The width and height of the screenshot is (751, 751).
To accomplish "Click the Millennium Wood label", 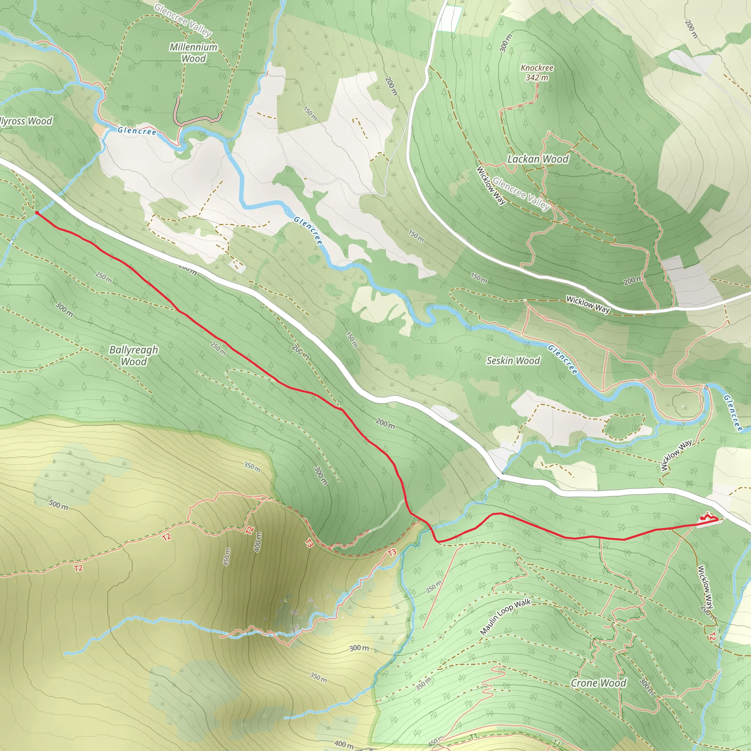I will click(194, 53).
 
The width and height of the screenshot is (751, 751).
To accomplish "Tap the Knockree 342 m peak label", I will click(537, 73).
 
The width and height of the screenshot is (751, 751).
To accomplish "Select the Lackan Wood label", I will click(538, 159).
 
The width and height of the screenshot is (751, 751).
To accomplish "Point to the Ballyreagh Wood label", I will click(133, 355).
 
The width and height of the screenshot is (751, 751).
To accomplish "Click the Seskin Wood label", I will click(513, 361).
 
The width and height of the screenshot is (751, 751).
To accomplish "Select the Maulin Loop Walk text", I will click(505, 617).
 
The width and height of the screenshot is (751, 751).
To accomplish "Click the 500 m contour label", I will click(58, 505).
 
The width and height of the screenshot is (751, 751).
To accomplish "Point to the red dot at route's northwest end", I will click(37, 213).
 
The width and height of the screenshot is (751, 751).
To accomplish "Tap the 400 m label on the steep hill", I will click(258, 542).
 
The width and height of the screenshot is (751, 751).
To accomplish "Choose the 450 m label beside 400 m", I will click(227, 557).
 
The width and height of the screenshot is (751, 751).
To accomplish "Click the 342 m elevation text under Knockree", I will click(537, 78).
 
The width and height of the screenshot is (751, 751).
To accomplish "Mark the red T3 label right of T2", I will click(309, 543).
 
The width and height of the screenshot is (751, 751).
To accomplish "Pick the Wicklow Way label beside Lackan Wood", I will click(491, 186).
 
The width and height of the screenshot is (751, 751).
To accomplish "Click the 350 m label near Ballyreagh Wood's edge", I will click(252, 467).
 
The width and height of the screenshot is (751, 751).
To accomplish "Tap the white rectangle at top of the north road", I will click(451, 19).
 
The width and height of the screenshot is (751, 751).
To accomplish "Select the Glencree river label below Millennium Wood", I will click(137, 131).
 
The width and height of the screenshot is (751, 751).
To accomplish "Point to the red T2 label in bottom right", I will click(712, 636).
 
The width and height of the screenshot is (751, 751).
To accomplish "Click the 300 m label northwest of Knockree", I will click(505, 43).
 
